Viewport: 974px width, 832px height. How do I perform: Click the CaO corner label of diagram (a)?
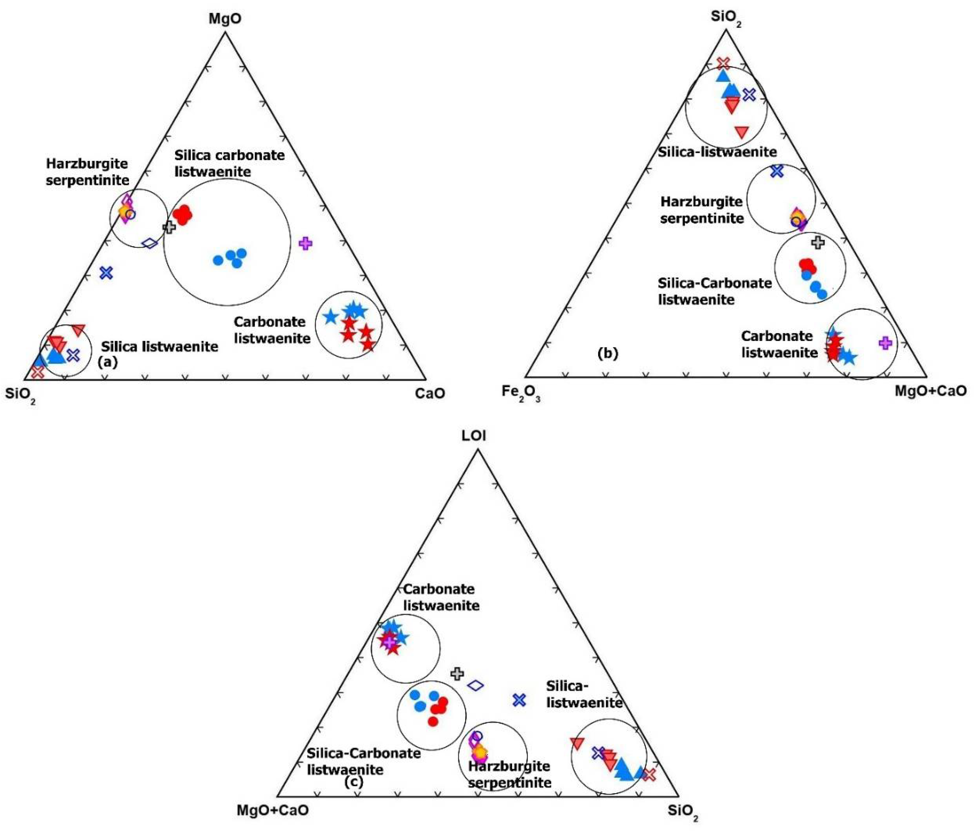[x=430, y=393]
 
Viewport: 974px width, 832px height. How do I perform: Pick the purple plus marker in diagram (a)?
[x=305, y=243]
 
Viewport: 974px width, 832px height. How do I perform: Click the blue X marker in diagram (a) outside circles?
[x=106, y=273]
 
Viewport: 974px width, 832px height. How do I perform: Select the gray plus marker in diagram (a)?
[x=169, y=227]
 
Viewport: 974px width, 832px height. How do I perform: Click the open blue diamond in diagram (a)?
[x=150, y=243]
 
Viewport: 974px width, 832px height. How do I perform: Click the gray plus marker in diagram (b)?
[x=818, y=243]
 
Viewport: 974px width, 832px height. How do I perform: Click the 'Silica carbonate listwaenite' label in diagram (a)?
[x=229, y=163]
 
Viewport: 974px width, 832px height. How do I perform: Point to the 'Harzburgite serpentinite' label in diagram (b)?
[x=702, y=210]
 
